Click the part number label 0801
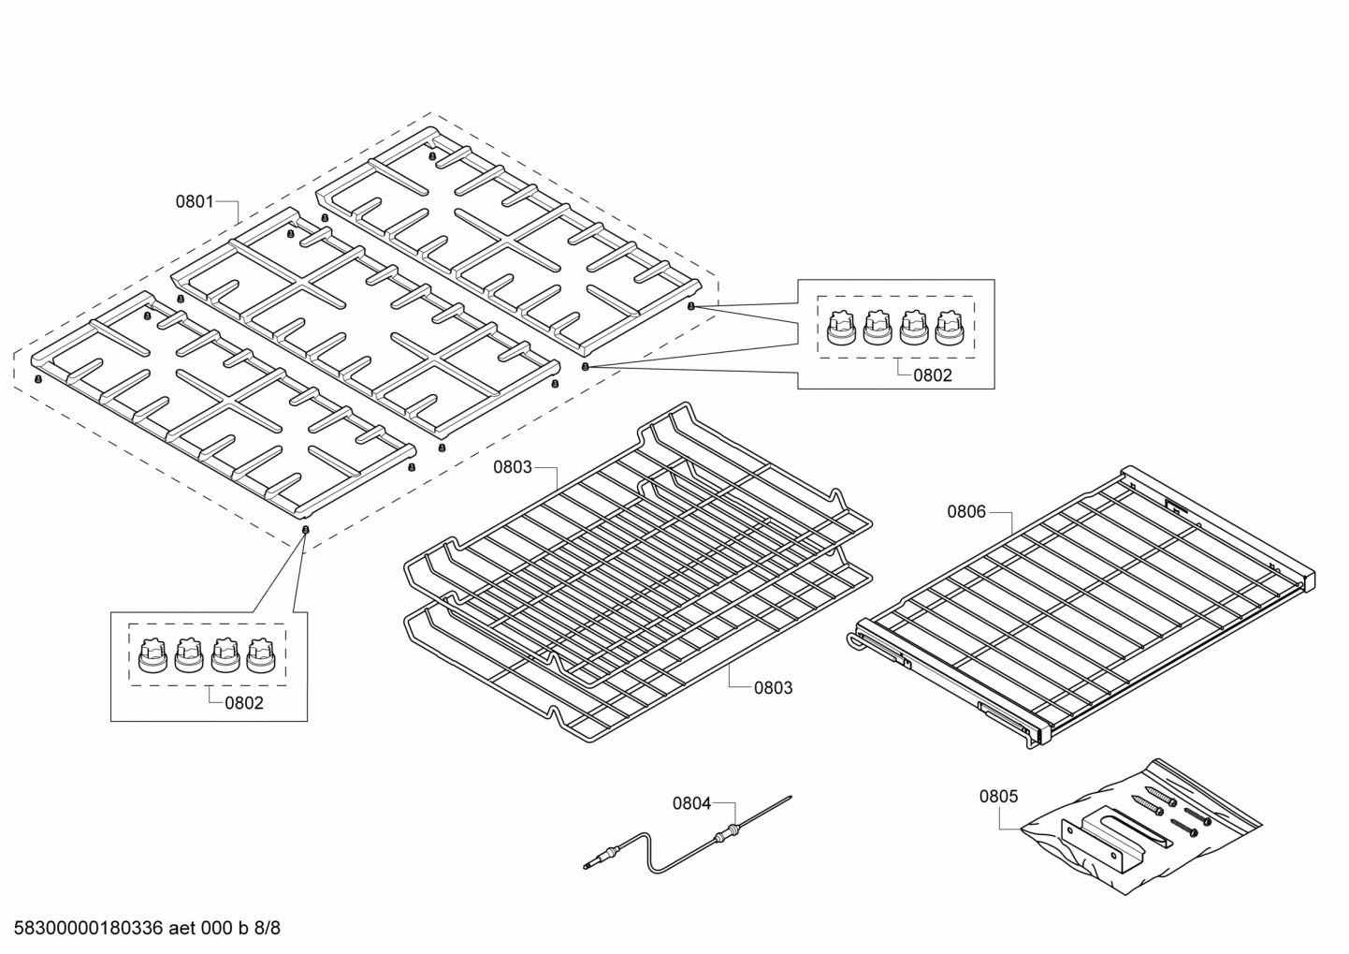pos(195,201)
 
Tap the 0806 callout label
pos(966,511)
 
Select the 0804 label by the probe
pos(691,803)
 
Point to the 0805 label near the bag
pos(998,797)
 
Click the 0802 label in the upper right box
pos(932,375)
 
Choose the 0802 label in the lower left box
pos(244,703)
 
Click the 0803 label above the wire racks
pos(512,467)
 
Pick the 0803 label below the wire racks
pos(773,688)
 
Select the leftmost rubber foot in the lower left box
pos(151,654)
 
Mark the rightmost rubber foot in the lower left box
pos(259,654)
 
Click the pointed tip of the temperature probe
pos(791,798)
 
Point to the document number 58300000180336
pos(84,930)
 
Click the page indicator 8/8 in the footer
pos(268,930)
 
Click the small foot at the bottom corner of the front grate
pos(305,530)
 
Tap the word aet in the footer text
pos(185,930)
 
